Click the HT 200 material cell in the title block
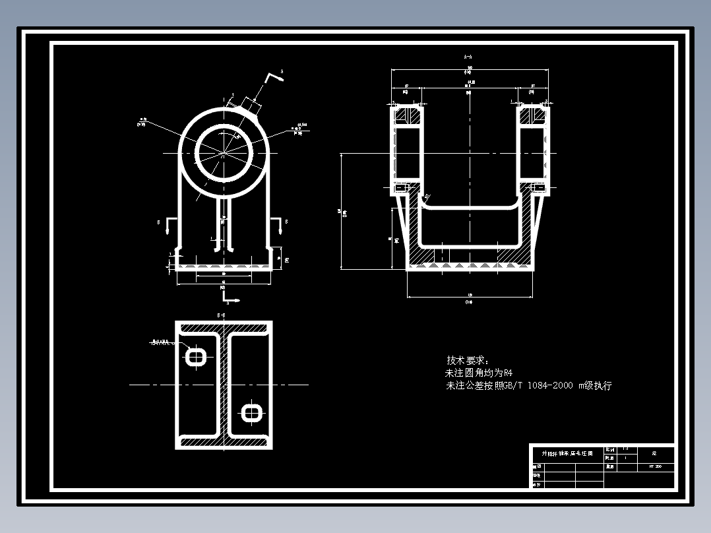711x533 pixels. coord(655,466)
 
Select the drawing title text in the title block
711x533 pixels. coord(567,454)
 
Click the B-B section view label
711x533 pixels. coord(222,316)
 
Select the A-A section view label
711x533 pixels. coord(468,57)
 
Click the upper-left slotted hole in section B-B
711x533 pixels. coord(196,357)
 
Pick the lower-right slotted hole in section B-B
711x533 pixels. coord(251,413)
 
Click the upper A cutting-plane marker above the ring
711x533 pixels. coord(274,77)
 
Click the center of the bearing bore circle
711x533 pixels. coord(224,153)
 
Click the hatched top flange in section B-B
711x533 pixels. coord(223,328)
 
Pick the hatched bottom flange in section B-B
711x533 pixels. coord(223,443)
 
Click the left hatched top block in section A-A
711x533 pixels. coord(407,116)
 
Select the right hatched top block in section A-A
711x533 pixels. coord(532,116)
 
